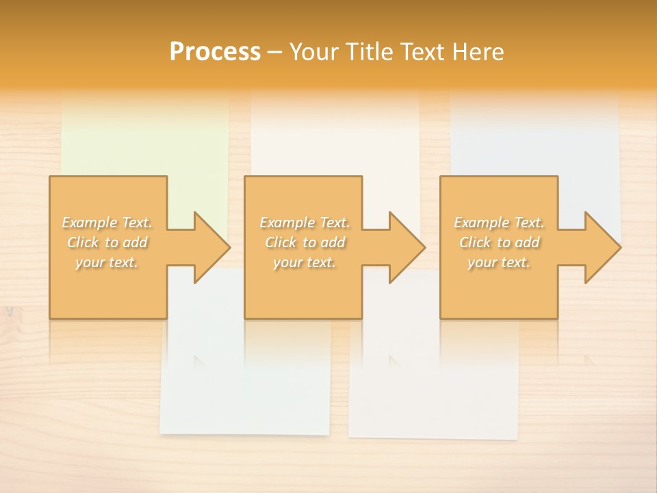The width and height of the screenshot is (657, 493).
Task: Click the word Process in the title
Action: point(215,51)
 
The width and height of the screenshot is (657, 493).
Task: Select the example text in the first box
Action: point(107,242)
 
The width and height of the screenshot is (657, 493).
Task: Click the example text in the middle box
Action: point(305,242)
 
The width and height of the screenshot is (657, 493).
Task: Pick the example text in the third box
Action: point(499,242)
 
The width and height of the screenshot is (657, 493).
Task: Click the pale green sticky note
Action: point(145,137)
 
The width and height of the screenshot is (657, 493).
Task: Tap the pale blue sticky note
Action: point(534,137)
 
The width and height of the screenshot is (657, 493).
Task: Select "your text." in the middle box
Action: point(305,262)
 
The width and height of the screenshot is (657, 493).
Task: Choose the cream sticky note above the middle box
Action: point(335,137)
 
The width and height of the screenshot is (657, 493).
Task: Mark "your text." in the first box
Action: point(107,262)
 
